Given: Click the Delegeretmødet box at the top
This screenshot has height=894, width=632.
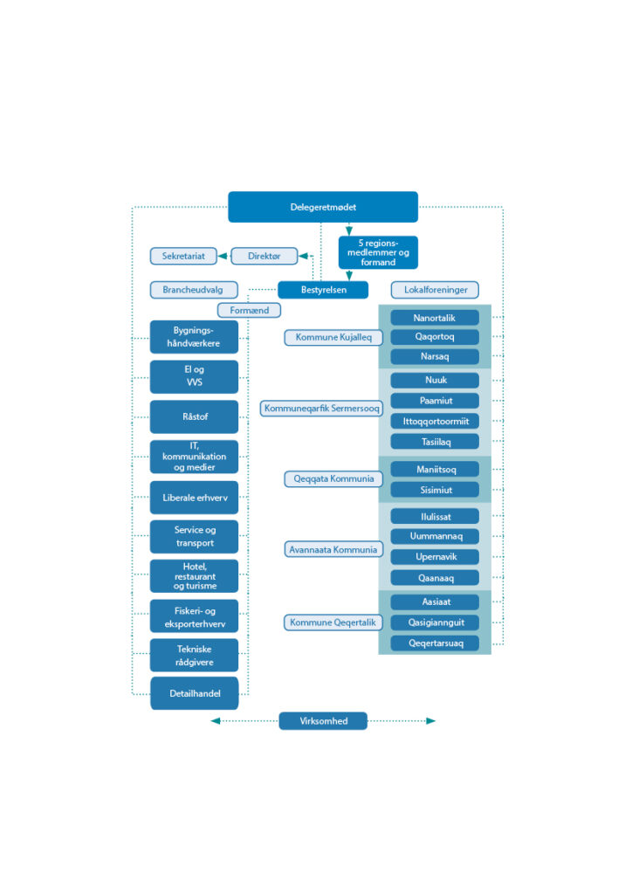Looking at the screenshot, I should pos(323,207).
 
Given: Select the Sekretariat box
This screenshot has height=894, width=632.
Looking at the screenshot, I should pos(183,256).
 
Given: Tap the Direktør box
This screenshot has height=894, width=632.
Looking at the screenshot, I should pos(264,256).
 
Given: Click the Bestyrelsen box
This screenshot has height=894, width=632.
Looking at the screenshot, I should pos(323,290).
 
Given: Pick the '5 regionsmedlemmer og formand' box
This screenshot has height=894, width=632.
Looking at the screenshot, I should pos(378,252).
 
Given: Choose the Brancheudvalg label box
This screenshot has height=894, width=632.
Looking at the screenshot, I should pos(193,289).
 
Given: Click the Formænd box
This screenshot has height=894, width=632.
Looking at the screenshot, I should pos(250,310).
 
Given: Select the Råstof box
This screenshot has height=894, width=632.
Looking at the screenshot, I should pos(194,416).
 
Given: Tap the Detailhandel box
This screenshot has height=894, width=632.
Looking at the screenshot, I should pos(194,694).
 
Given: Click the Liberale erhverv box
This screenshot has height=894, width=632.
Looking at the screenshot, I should pos(194,497).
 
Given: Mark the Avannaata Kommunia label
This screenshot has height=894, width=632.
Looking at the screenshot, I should pos(333,549).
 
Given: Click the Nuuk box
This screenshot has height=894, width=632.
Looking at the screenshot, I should pos(435,380).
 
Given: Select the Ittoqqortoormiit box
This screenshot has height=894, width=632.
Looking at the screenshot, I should pos(435,421).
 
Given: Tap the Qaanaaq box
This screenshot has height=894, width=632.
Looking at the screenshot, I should pos(435,577).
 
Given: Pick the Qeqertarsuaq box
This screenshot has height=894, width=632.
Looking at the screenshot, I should pos(435,643).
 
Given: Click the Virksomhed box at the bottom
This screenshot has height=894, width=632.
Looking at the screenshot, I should pos(323,721).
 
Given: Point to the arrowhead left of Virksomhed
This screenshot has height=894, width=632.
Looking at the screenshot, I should pos(216,721).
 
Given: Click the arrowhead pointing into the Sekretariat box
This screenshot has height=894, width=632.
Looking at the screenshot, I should pos(222,256).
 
